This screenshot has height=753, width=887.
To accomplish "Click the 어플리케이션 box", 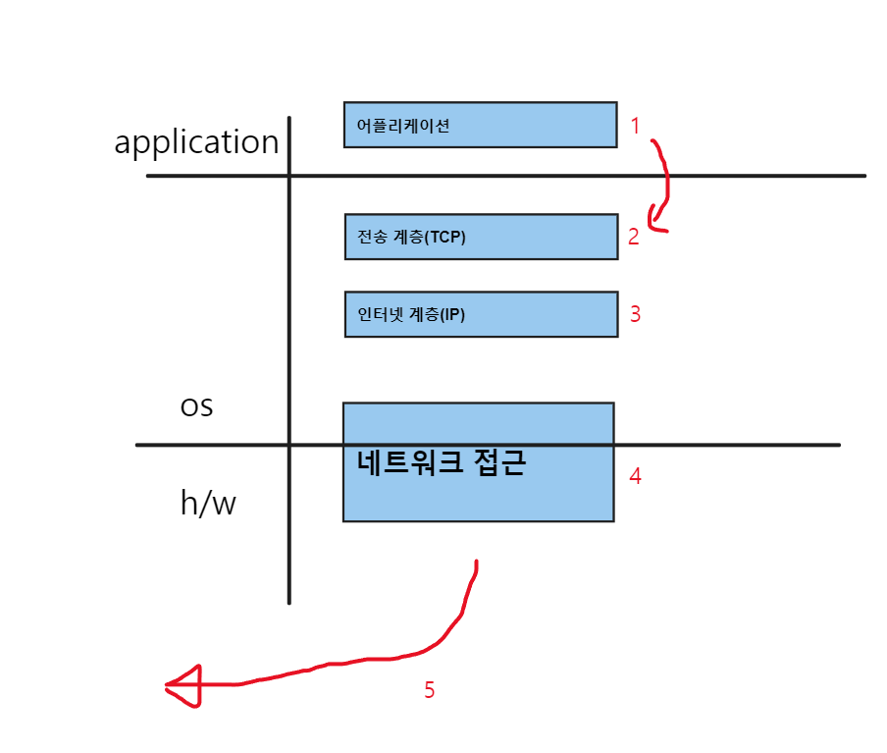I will click(480, 125).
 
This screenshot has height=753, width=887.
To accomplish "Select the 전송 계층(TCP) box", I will click(481, 237).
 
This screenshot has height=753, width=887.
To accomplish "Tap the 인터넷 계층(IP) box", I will click(481, 314).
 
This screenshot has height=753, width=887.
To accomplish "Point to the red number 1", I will click(635, 126).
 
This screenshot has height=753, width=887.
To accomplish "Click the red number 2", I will click(634, 237).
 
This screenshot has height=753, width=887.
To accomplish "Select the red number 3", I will click(635, 314).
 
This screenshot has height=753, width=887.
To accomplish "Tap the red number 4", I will click(635, 477).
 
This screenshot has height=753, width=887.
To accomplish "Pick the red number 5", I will click(429, 690).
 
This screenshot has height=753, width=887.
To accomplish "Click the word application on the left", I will click(196, 142).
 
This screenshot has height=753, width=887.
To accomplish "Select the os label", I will click(196, 406).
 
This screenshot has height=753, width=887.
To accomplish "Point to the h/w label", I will click(208, 504).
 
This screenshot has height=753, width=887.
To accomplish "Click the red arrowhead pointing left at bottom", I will click(183, 685).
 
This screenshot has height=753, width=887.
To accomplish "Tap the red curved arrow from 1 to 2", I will click(666, 182).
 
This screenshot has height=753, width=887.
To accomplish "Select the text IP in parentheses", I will click(452, 314).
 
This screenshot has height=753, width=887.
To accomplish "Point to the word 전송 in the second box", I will click(372, 237).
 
